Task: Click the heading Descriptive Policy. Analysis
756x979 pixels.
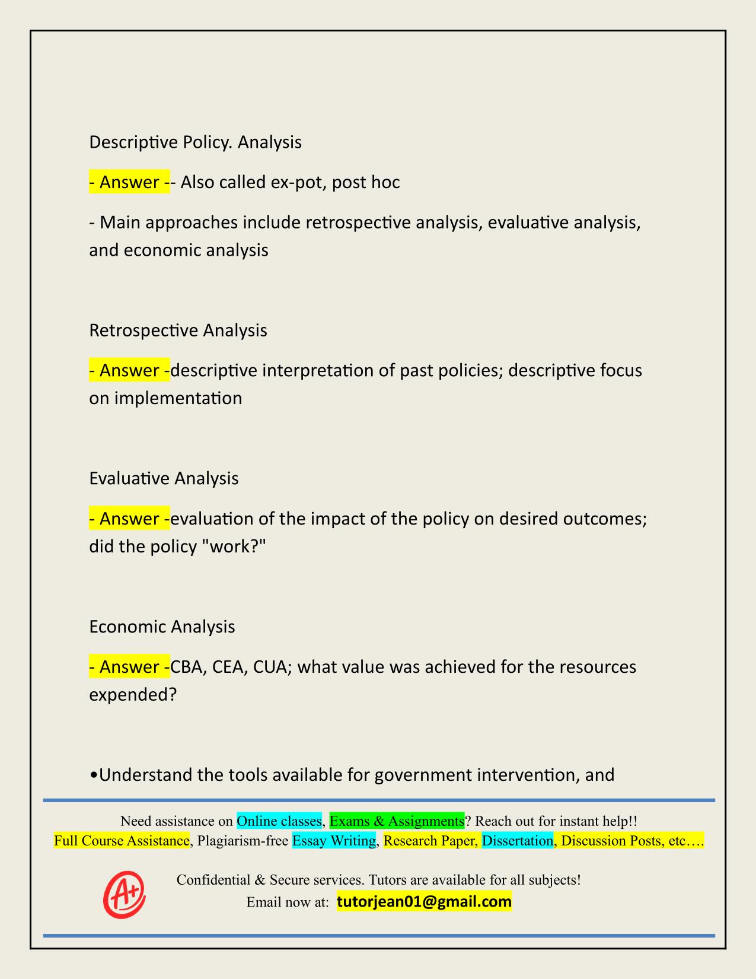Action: coord(195,142)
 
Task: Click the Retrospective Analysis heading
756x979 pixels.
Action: coord(178,330)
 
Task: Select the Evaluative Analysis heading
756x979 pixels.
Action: coord(164,478)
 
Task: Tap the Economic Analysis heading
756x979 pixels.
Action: coord(162,627)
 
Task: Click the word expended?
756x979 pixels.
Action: coord(133,694)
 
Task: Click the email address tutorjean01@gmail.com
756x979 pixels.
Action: coord(424,902)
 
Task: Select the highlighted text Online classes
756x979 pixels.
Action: coord(279,821)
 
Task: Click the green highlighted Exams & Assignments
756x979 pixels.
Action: coord(397,821)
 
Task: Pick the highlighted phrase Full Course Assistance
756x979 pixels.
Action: coord(122,841)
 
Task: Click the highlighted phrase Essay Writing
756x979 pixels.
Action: coord(334,841)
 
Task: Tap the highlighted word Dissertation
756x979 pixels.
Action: coord(517,841)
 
